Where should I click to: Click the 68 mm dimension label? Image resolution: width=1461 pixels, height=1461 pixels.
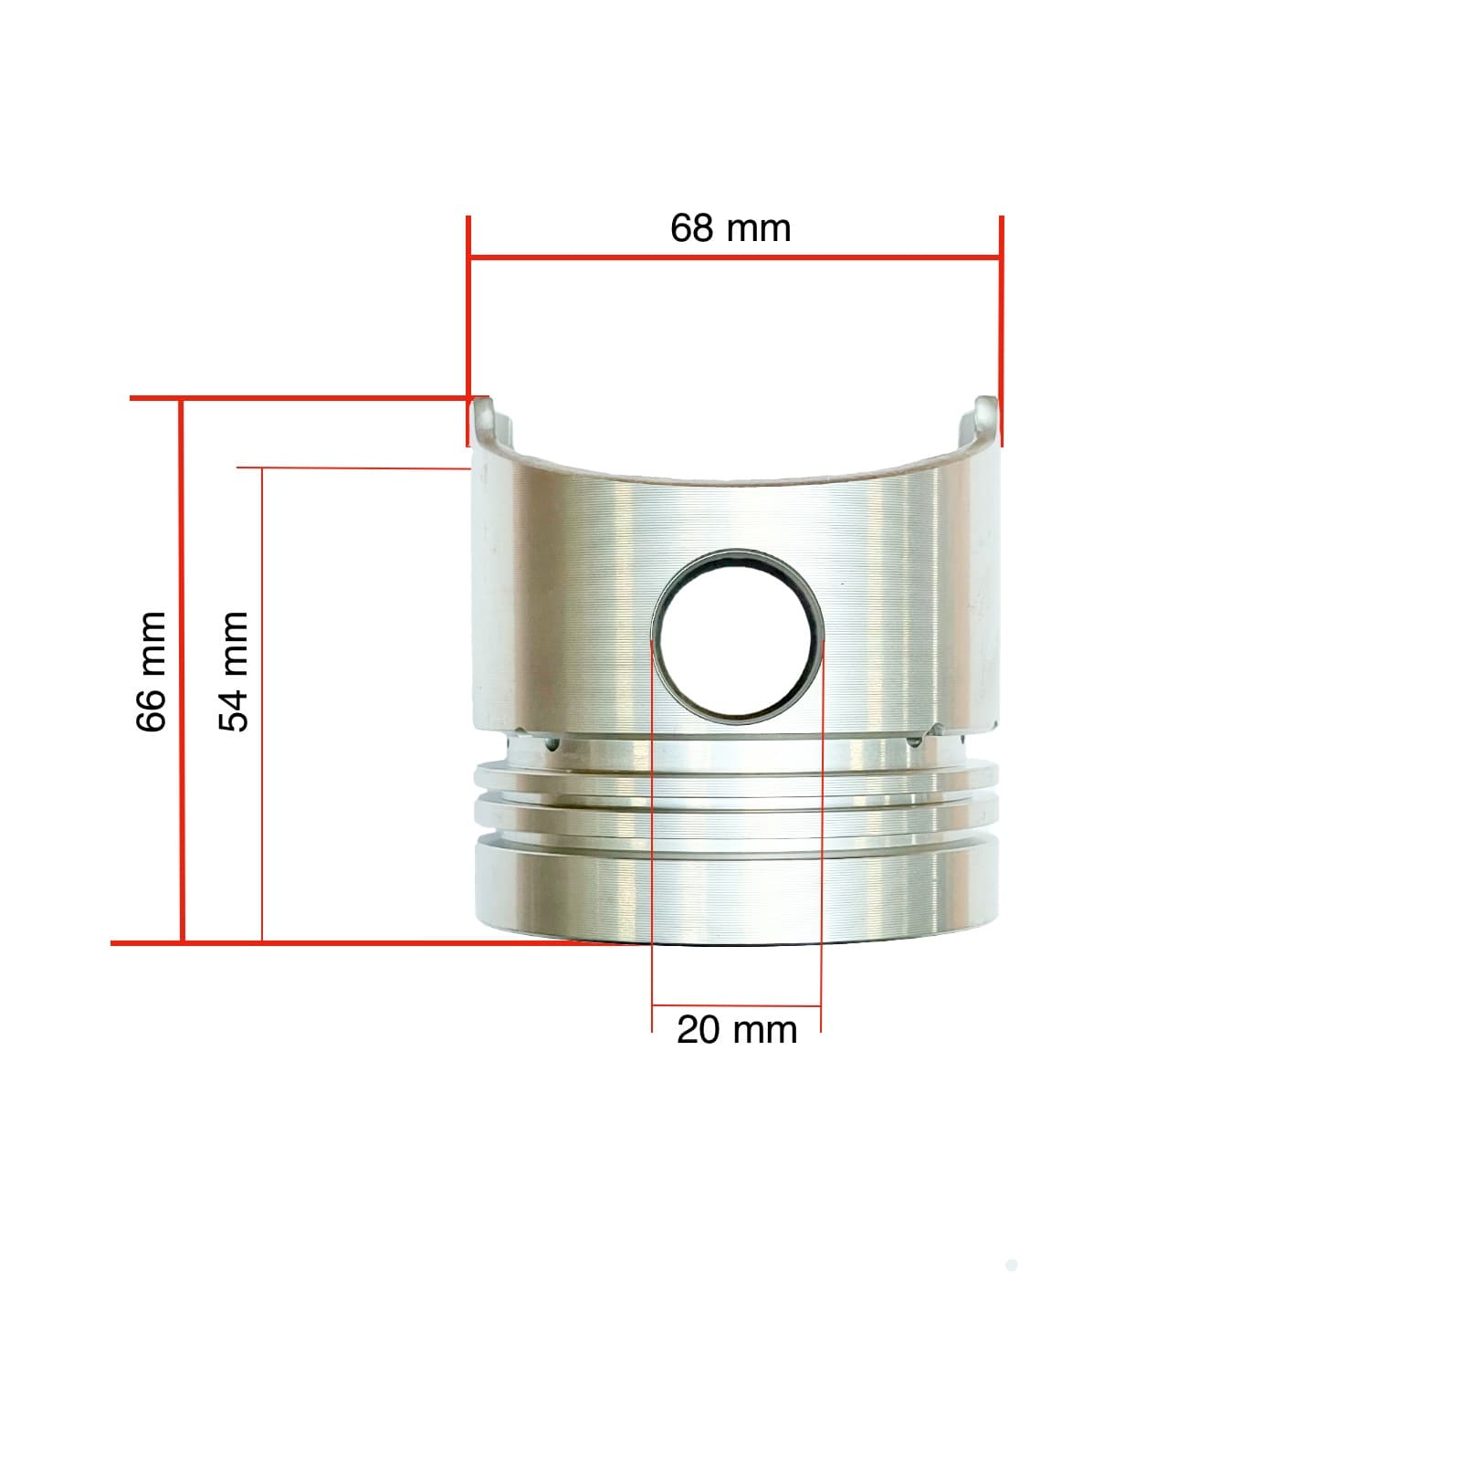(x=730, y=228)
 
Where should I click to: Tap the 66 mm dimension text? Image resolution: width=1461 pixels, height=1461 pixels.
(x=152, y=672)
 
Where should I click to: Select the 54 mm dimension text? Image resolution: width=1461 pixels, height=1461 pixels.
(x=234, y=672)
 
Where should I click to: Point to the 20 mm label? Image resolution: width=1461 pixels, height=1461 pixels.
(x=736, y=1030)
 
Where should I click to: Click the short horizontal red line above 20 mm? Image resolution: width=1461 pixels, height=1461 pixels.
(x=736, y=1006)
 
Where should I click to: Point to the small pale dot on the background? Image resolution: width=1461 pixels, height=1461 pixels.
(x=1011, y=1266)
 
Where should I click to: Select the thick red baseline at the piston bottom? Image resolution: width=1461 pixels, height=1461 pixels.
(x=365, y=942)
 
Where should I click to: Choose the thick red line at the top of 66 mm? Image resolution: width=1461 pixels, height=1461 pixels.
(x=301, y=398)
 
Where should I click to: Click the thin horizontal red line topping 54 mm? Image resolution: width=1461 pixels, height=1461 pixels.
(x=356, y=468)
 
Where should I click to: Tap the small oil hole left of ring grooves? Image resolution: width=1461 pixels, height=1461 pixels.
(x=551, y=744)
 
